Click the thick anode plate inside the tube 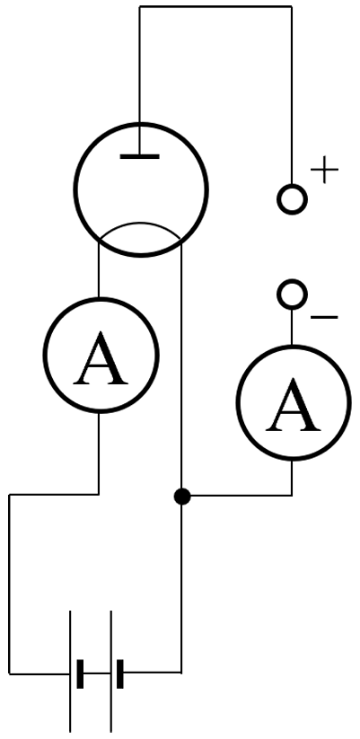click(139, 156)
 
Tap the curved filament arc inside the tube click(140, 223)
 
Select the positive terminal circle click(292, 199)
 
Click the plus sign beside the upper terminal click(325, 169)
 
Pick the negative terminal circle click(292, 295)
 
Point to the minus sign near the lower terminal click(324, 318)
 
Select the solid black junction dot click(182, 497)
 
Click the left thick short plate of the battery click(80, 674)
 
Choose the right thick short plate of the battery click(120, 674)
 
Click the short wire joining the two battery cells click(98, 674)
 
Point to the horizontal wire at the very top click(215, 6)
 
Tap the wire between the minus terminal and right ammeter click(292, 328)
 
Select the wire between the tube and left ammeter click(99, 270)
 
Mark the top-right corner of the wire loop click(292, 6)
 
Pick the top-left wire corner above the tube click(139, 6)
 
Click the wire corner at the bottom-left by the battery click(9, 674)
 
